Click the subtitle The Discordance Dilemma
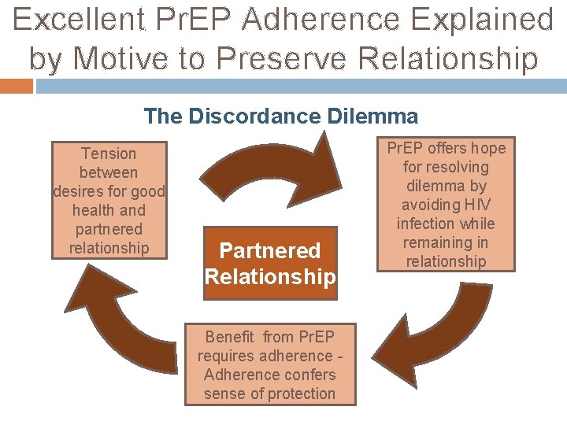281,116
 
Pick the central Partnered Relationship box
270,264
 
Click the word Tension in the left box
109,153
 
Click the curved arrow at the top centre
272,161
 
